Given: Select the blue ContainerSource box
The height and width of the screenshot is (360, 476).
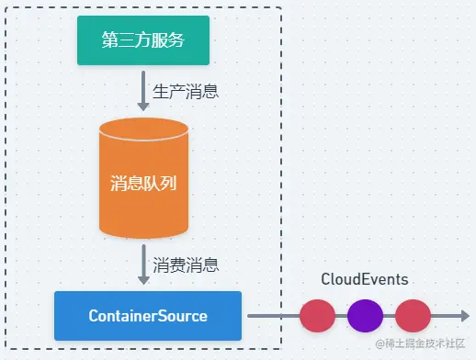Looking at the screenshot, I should click(x=148, y=316).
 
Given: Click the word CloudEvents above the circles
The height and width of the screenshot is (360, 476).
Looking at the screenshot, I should click(x=365, y=279).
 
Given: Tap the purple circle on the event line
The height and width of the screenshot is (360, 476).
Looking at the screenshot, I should click(x=365, y=316).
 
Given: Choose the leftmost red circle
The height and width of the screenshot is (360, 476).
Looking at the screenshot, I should click(x=317, y=316).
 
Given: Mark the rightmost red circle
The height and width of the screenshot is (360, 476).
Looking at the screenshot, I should click(x=413, y=316).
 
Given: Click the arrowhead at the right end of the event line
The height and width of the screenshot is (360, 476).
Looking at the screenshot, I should click(x=463, y=316).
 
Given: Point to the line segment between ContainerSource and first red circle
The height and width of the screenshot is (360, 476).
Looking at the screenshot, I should click(x=273, y=316).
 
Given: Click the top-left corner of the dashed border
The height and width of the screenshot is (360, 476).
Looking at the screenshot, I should click(x=7, y=8).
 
